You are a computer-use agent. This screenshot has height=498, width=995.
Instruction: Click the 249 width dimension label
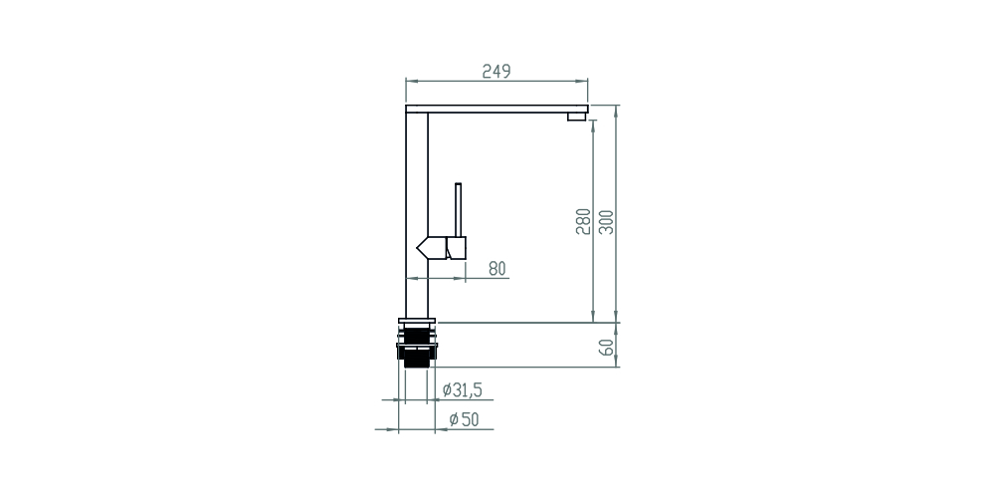497,71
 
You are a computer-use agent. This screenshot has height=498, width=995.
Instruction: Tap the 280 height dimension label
583,221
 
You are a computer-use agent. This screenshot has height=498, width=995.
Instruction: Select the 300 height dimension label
607,222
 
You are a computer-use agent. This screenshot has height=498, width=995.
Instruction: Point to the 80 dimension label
497,269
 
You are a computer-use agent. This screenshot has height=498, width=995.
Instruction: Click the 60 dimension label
607,347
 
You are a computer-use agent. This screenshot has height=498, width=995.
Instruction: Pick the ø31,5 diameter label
462,390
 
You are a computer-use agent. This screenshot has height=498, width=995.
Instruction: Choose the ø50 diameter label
464,419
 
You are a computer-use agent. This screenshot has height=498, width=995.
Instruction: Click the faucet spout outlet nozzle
577,117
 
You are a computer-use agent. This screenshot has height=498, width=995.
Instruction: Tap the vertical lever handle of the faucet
458,209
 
